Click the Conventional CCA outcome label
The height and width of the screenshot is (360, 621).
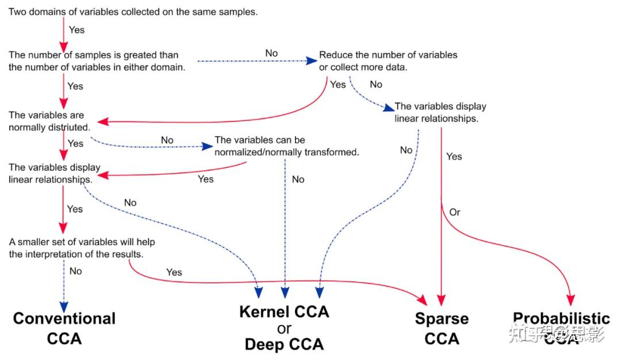pos(64,328)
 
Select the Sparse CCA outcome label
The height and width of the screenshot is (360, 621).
pos(442,329)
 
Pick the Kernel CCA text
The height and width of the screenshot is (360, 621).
pos(284,312)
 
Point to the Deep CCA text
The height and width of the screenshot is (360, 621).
pos(284,344)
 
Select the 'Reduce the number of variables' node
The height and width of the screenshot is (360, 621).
pos(388,61)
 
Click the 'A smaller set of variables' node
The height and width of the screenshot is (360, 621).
pos(82,248)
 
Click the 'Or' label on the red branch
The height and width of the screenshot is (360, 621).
pos(454,212)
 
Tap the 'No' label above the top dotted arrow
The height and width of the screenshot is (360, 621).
pos(271,53)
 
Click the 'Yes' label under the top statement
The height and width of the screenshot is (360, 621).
pos(76,29)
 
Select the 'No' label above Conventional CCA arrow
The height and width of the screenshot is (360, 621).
pos(75,270)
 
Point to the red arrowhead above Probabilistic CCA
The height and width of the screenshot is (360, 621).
pos(570,300)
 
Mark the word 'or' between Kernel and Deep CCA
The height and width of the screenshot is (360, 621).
pos(284,328)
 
